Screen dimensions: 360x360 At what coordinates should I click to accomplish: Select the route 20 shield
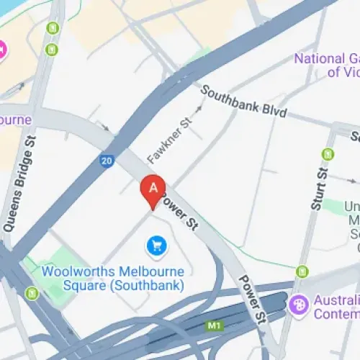point(106,161)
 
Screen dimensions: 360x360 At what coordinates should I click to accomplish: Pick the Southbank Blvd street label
point(244,103)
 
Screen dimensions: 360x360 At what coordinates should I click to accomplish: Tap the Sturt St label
point(319,188)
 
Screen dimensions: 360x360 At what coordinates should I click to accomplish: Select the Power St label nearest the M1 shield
point(252,300)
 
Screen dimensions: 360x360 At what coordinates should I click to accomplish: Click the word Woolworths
point(74,271)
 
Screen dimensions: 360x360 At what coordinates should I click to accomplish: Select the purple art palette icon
point(297,305)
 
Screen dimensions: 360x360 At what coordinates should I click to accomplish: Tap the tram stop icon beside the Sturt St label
point(328,153)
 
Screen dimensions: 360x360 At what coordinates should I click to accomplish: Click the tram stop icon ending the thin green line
point(302,271)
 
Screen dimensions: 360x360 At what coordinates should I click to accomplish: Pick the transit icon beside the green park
point(32,293)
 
